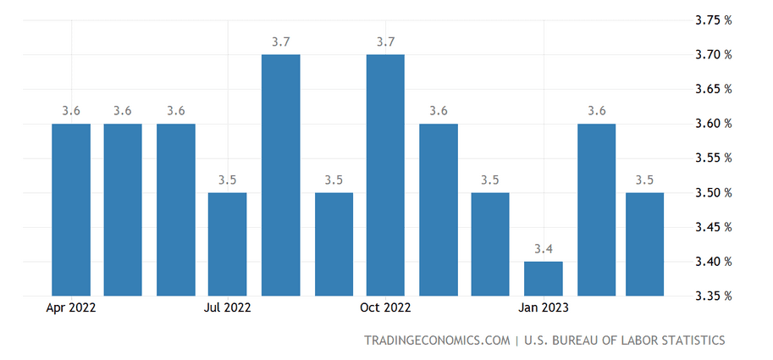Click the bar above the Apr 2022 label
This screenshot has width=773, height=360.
point(71,210)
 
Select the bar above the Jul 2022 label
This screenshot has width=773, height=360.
point(228,244)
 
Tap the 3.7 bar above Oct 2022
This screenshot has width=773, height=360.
point(385,175)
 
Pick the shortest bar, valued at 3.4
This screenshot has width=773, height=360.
point(543,279)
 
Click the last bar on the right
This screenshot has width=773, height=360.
point(645,244)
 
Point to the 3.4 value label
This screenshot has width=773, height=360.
point(543,249)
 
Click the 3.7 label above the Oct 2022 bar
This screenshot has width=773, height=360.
point(385,42)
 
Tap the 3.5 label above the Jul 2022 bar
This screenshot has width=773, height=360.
point(228,180)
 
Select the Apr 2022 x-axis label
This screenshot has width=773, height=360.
point(71,307)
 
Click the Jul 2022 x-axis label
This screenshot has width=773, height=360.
point(228,307)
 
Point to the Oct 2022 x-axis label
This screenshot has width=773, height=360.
point(385,307)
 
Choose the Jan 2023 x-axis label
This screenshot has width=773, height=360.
point(543,307)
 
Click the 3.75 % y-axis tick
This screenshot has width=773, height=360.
point(710,20)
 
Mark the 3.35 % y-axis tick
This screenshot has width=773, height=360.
point(710,296)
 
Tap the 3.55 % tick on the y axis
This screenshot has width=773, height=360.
point(710,158)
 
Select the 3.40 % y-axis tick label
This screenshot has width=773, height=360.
point(710,262)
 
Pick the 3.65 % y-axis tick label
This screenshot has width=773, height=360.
point(710,89)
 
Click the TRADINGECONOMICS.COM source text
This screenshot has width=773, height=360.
point(436,341)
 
